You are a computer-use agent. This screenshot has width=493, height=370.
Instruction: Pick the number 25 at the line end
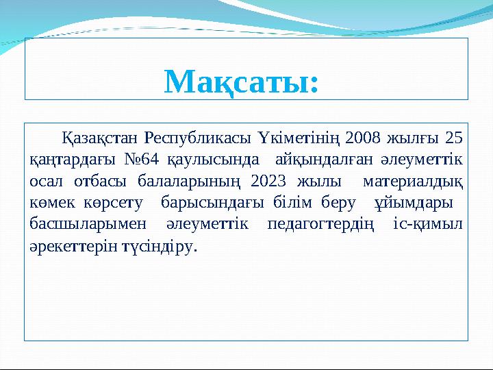pos(453,138)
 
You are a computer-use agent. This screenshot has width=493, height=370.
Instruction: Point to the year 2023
pos(269,182)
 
